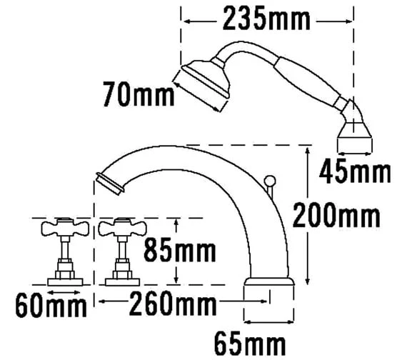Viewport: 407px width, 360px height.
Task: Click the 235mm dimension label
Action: (266, 19)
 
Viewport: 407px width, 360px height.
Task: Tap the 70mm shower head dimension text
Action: (139, 94)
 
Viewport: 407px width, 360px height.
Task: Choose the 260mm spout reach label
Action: (173, 303)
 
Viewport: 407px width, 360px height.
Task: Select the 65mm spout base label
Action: (250, 344)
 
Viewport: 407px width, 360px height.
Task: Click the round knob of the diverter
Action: (270, 181)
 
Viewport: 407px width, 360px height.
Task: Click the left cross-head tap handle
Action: (65, 228)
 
